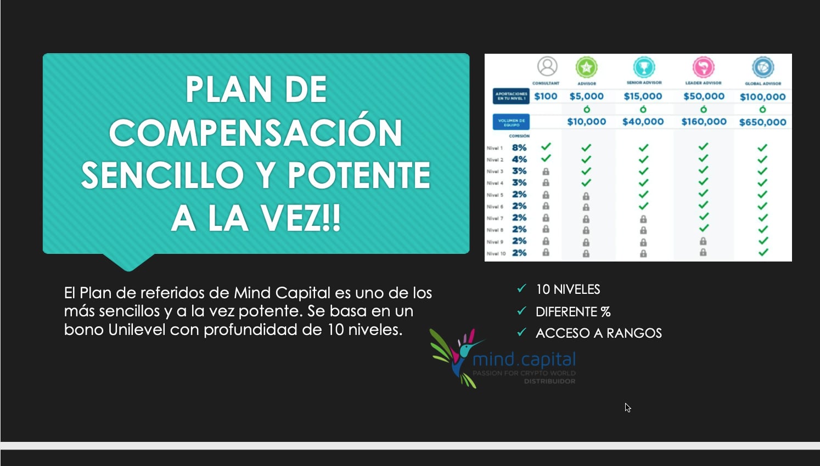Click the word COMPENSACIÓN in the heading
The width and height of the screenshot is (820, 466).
click(256, 133)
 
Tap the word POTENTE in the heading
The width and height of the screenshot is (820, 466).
click(360, 175)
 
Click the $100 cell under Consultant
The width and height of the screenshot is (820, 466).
click(546, 96)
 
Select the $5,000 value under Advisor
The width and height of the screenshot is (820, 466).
click(586, 96)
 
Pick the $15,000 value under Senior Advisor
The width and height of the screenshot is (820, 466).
click(643, 96)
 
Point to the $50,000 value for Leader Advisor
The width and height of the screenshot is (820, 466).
click(704, 96)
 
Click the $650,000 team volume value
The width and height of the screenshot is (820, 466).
click(762, 122)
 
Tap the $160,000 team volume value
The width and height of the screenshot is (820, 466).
click(704, 122)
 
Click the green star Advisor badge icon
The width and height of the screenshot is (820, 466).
click(586, 67)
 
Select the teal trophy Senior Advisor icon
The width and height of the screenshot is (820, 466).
click(644, 67)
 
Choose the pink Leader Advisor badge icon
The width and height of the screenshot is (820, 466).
click(703, 67)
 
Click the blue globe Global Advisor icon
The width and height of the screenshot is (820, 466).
click(763, 67)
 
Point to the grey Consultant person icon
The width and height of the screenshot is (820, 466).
click(547, 66)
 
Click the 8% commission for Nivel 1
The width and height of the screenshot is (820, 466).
click(519, 147)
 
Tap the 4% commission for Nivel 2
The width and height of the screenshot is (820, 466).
click(519, 159)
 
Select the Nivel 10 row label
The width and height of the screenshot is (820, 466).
click(496, 253)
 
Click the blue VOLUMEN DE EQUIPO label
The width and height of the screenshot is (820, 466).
click(511, 122)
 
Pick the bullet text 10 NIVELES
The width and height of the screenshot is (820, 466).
click(568, 289)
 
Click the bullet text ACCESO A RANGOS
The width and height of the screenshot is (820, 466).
click(598, 333)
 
